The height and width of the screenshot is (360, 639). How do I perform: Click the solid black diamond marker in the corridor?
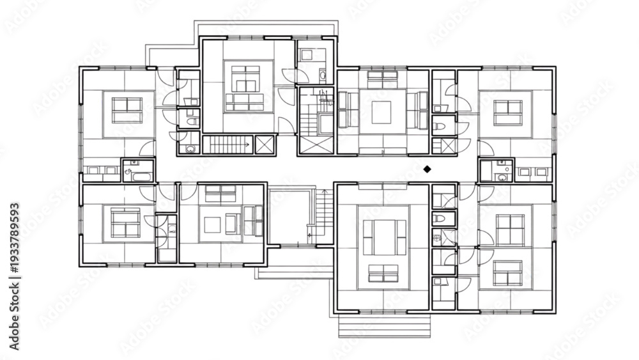click(x=427, y=169)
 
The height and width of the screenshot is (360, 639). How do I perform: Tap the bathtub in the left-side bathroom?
click(x=142, y=176)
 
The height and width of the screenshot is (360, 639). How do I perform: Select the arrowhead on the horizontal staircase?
click(x=247, y=145)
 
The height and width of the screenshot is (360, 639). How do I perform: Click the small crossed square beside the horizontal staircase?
click(x=264, y=145)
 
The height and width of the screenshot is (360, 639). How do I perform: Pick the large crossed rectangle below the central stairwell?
click(x=316, y=145)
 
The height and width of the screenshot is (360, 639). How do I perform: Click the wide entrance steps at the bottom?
click(x=384, y=327)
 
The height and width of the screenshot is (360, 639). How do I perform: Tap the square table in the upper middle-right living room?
click(x=381, y=112)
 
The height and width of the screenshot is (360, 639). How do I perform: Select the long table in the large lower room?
click(x=383, y=237)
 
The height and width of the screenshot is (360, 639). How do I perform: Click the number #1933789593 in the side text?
click(x=14, y=238)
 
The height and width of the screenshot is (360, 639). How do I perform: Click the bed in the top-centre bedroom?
click(x=245, y=79)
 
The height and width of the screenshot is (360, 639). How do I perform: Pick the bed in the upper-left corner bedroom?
click(x=127, y=111)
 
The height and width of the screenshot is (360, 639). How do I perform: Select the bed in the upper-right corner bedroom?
click(x=508, y=113)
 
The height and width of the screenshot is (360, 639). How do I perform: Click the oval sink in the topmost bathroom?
click(x=322, y=75)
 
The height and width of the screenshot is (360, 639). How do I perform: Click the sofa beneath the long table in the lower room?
click(x=383, y=274)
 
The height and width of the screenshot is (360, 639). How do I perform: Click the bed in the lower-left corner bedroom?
click(x=125, y=223)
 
